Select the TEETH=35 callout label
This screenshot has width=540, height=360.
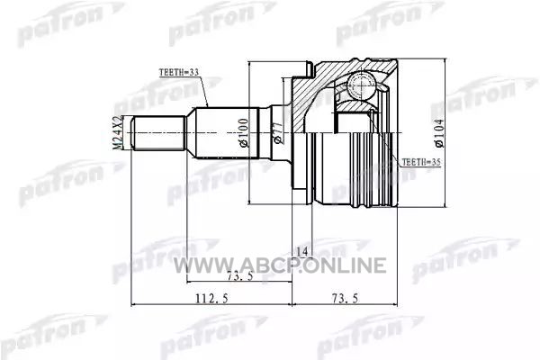(x=421, y=162)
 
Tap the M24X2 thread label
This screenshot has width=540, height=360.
(x=118, y=132)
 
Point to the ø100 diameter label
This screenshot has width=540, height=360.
(x=244, y=133)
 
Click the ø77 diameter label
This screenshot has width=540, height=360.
(x=277, y=132)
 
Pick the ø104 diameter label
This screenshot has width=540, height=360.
(x=440, y=133)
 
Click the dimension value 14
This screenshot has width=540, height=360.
(x=302, y=252)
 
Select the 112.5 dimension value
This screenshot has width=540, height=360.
(x=212, y=298)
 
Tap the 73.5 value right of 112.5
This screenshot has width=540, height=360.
(x=344, y=298)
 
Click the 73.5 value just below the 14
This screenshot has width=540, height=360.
(x=240, y=275)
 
